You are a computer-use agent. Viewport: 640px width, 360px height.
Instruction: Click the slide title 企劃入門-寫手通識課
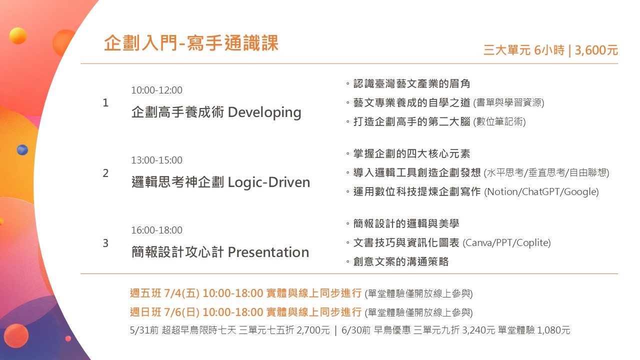[191, 43]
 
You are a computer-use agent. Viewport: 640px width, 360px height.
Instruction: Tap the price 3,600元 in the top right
[596, 50]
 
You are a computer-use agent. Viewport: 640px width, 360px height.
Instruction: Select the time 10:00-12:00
[156, 90]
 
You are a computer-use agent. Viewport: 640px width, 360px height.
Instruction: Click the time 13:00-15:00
[156, 160]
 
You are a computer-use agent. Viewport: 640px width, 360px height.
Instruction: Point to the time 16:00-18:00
[156, 230]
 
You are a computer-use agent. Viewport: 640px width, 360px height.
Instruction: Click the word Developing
[264, 113]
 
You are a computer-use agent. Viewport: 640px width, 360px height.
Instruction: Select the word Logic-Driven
[269, 182]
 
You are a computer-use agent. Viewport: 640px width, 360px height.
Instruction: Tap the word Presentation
[268, 252]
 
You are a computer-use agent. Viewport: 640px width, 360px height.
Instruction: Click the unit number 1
[105, 103]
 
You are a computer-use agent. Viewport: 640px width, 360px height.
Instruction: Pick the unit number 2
[105, 173]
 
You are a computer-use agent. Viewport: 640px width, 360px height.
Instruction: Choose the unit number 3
[105, 243]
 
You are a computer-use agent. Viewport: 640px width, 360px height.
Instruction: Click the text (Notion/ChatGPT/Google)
[541, 192]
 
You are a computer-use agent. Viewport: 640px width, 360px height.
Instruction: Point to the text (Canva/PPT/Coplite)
[506, 243]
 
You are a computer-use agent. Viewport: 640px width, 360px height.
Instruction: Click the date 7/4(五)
[181, 293]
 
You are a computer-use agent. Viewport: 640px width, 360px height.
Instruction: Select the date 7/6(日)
[181, 312]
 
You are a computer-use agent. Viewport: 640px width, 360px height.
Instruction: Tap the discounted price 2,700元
[313, 330]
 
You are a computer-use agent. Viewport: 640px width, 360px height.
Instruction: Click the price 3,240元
[478, 330]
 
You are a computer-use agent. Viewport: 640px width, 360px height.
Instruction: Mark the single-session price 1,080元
[553, 330]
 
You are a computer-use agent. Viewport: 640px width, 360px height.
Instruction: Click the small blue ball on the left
[22, 149]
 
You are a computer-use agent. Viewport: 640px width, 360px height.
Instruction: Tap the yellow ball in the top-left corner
[18, 35]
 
